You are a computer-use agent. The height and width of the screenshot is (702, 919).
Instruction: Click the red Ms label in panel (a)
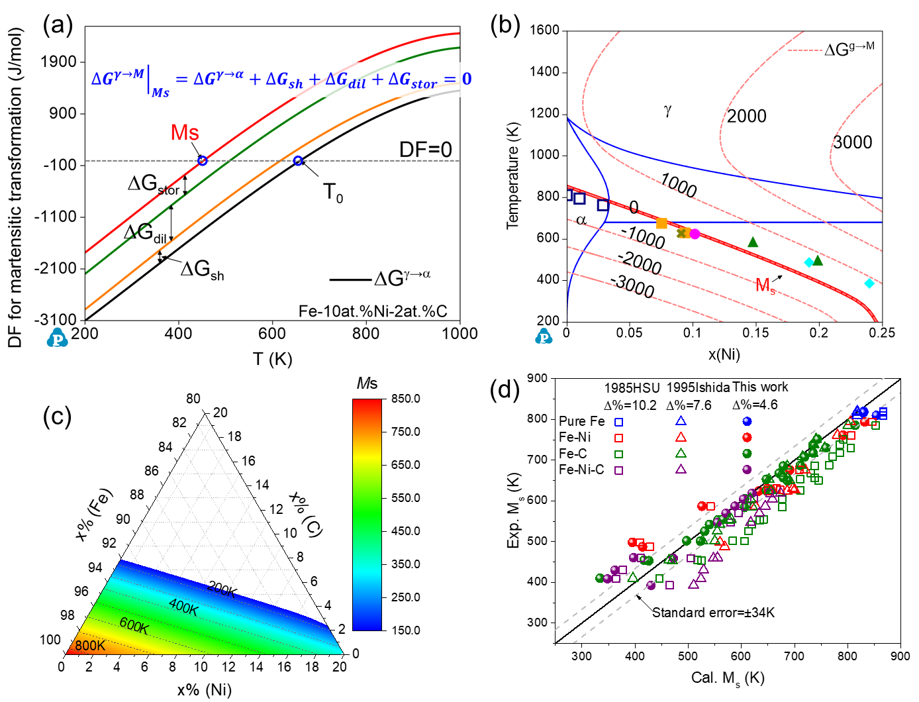pyautogui.click(x=185, y=132)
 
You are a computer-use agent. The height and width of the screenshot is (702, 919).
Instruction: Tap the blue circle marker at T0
pyautogui.click(x=298, y=161)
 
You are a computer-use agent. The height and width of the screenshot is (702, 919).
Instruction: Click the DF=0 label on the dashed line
pyautogui.click(x=425, y=150)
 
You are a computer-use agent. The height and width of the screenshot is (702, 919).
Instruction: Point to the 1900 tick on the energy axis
pyautogui.click(x=59, y=62)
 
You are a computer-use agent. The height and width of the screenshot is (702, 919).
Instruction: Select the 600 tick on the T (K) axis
pyautogui.click(x=272, y=333)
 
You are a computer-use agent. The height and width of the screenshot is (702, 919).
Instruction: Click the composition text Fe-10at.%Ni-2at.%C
pyautogui.click(x=373, y=311)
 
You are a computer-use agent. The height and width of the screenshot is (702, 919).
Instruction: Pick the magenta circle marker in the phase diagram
pyautogui.click(x=695, y=234)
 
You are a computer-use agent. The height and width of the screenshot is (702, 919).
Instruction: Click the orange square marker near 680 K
pyautogui.click(x=661, y=223)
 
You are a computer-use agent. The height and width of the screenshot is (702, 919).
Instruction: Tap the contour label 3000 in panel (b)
pyautogui.click(x=852, y=142)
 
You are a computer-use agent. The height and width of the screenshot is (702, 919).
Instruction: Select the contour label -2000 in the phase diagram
pyautogui.click(x=640, y=262)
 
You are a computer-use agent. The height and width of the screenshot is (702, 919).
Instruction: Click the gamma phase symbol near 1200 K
pyautogui.click(x=667, y=111)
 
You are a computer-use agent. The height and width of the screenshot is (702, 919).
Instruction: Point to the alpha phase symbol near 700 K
pyautogui.click(x=581, y=220)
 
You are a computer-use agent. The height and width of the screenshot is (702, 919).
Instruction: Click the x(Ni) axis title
pyautogui.click(x=724, y=354)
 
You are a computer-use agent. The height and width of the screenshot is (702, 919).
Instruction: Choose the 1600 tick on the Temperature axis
pyautogui.click(x=544, y=30)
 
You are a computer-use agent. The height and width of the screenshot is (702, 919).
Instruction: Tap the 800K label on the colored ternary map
pyautogui.click(x=89, y=646)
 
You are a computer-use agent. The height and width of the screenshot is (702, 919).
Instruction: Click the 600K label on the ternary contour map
pyautogui.click(x=134, y=625)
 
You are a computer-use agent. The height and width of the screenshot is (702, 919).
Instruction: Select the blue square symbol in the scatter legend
pyautogui.click(x=618, y=422)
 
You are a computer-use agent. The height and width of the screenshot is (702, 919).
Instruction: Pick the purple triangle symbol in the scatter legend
pyautogui.click(x=681, y=470)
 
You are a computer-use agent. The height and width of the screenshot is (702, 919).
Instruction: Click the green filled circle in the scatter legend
pyautogui.click(x=747, y=454)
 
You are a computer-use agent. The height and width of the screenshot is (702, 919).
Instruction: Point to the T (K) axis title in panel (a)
pyautogui.click(x=272, y=359)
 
